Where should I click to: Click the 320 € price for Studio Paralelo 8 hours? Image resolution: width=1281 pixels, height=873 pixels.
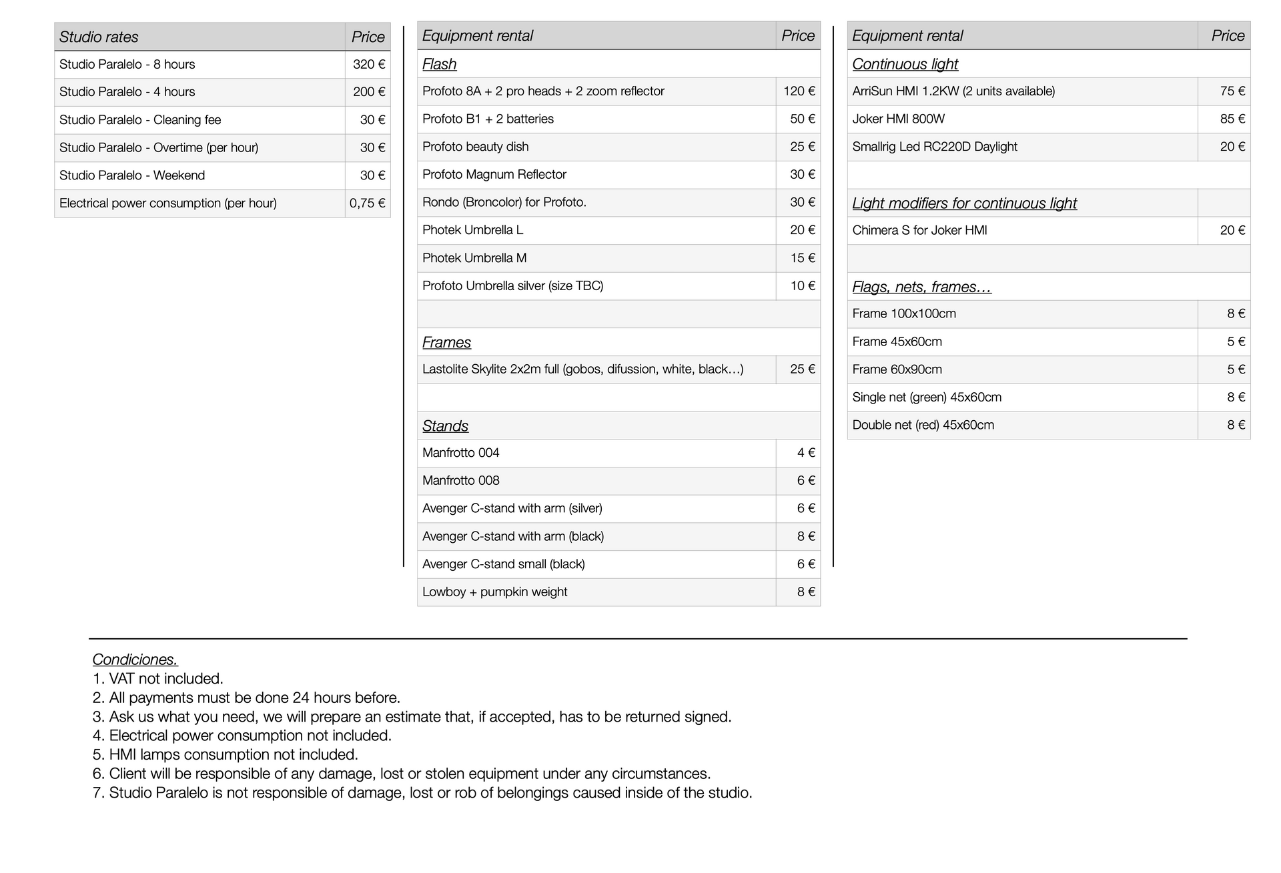pyautogui.click(x=369, y=65)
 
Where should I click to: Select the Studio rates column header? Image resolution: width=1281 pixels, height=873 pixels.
pyautogui.click(x=99, y=37)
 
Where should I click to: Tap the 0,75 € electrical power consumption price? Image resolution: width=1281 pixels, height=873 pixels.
pyautogui.click(x=367, y=203)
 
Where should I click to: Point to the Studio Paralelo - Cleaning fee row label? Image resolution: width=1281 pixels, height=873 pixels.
pyautogui.click(x=140, y=120)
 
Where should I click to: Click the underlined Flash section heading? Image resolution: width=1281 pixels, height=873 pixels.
pyautogui.click(x=439, y=64)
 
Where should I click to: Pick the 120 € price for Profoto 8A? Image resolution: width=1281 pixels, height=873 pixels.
pyautogui.click(x=799, y=91)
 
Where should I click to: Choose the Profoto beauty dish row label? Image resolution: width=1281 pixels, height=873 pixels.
pyautogui.click(x=475, y=147)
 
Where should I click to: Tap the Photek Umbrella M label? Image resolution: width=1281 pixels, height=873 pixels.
pyautogui.click(x=474, y=258)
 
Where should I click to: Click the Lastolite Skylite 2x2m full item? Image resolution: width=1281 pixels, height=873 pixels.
pyautogui.click(x=582, y=369)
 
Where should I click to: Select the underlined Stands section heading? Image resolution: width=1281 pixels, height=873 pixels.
pyautogui.click(x=445, y=426)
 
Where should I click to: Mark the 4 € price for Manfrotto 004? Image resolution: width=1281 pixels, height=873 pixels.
pyautogui.click(x=806, y=453)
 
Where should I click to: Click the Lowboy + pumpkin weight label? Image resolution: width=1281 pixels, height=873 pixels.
pyautogui.click(x=494, y=592)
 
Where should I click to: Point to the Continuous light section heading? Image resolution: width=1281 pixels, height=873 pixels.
pyautogui.click(x=905, y=64)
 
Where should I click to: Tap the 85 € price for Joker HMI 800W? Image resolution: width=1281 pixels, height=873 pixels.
pyautogui.click(x=1232, y=119)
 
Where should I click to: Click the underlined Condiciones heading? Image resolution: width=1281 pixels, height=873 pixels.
pyautogui.click(x=135, y=660)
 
